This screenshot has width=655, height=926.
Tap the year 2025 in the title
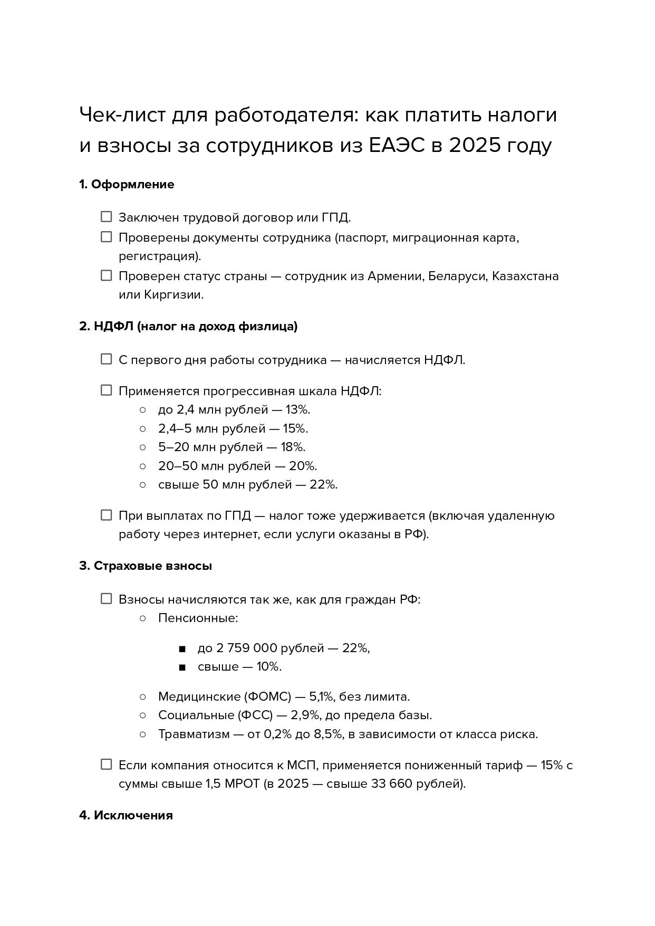[474, 146]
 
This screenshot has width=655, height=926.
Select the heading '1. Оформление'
[127, 185]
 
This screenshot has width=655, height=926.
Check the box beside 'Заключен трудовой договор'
[107, 217]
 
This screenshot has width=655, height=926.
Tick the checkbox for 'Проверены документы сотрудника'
[107, 237]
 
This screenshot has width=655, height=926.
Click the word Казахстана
[525, 276]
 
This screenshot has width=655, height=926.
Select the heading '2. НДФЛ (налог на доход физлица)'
[188, 327]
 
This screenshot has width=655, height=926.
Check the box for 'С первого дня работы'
[107, 359]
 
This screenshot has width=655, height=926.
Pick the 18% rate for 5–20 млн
[293, 447]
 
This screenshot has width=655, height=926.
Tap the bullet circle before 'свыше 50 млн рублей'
[142, 484]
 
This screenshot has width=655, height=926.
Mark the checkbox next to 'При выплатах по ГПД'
[107, 515]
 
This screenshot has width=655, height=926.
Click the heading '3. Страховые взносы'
[146, 566]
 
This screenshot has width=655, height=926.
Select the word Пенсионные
[198, 618]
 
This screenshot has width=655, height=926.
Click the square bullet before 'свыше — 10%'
[182, 667]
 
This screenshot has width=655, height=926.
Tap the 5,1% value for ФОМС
[322, 697]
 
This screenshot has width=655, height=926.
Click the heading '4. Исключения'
[126, 815]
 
